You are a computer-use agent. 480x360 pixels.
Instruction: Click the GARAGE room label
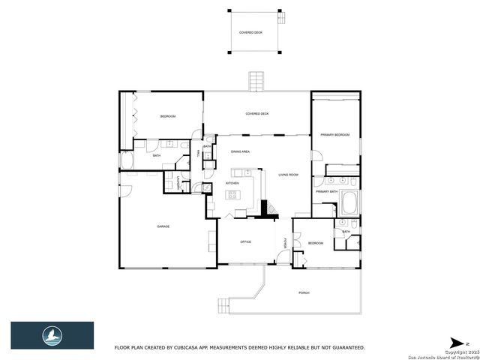pos(163,226)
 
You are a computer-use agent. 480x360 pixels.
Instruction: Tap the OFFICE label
pos(245,242)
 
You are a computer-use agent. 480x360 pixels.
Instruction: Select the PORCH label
pos(304,292)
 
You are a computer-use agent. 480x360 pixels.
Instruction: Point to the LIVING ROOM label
pos(288,175)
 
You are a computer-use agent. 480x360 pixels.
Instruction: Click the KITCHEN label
pos(232,184)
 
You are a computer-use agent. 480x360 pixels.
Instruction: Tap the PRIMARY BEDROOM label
pos(335,134)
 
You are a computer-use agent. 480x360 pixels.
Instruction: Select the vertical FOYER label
pos(285,242)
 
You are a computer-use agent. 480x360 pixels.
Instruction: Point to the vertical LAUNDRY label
pos(178,182)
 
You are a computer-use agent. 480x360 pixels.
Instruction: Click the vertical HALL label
pos(198,153)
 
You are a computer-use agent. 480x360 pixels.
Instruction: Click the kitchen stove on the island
pos(232,195)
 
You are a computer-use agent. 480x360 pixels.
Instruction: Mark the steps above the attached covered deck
pos(256,81)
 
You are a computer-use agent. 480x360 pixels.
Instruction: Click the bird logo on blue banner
pos(52,334)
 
